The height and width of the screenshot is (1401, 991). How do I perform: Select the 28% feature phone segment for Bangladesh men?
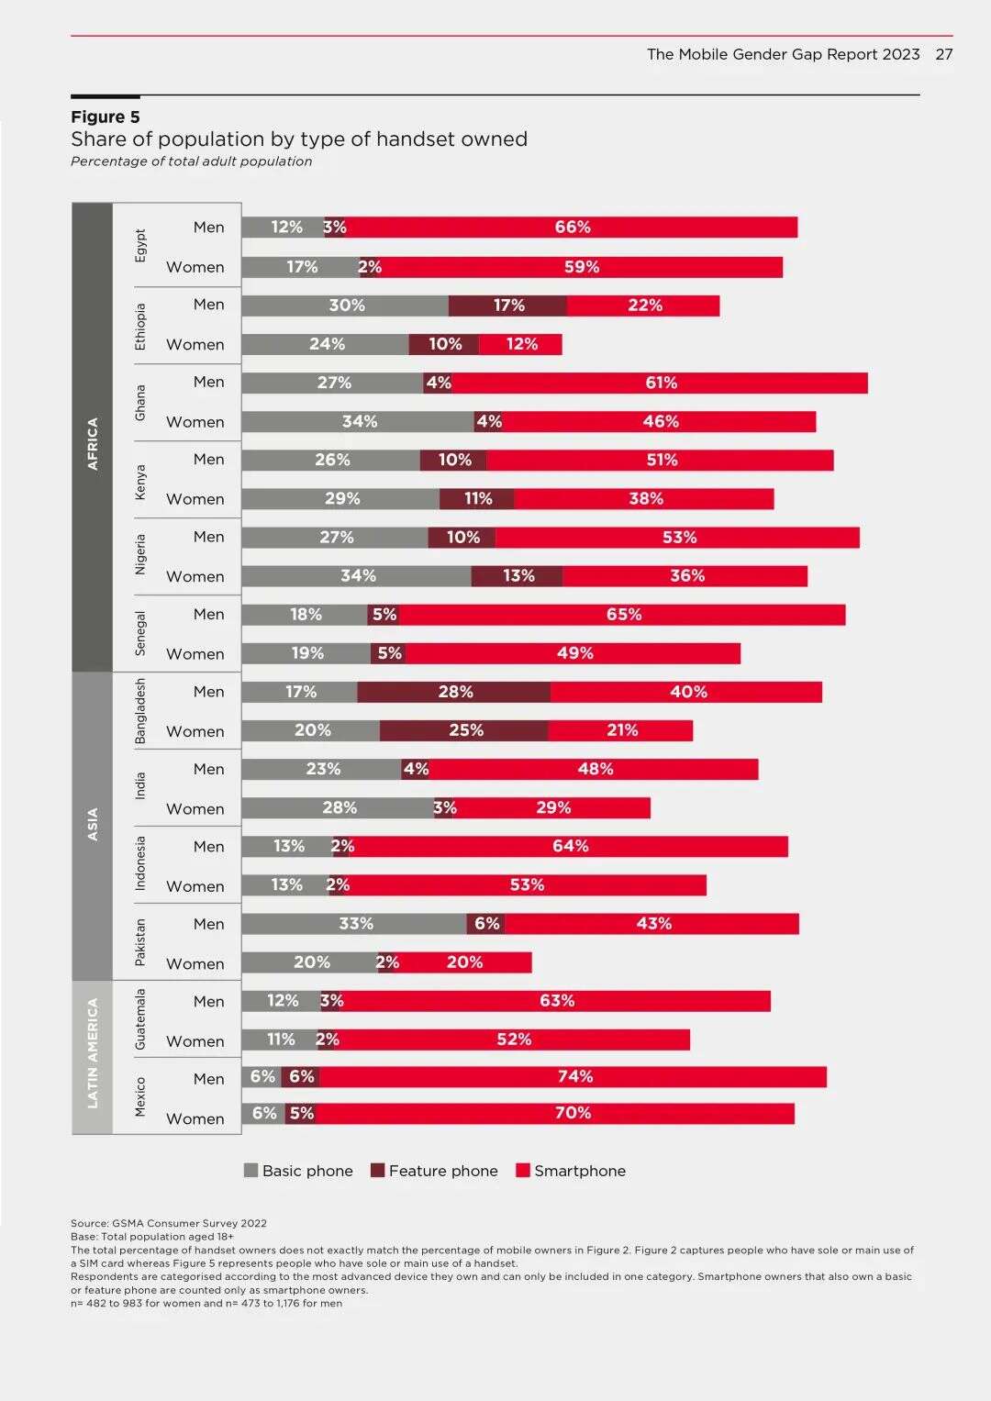click(x=454, y=692)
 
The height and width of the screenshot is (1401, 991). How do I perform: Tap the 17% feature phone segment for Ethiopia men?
click(x=507, y=306)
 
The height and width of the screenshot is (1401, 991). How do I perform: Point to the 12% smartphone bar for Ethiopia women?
click(x=520, y=344)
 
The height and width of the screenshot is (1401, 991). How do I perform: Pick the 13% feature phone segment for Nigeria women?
click(x=518, y=576)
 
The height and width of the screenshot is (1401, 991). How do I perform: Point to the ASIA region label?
click(x=92, y=825)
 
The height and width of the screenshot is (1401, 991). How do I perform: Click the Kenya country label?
click(x=140, y=481)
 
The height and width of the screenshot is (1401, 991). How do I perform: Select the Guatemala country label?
click(x=140, y=1019)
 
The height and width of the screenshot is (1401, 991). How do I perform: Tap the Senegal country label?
click(x=140, y=633)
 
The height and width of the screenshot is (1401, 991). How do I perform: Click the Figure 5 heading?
click(x=106, y=117)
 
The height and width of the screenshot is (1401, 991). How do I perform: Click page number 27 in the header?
click(x=944, y=54)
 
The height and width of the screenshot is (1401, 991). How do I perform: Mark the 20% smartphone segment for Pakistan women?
click(x=464, y=962)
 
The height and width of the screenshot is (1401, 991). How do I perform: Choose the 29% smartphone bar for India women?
click(x=553, y=808)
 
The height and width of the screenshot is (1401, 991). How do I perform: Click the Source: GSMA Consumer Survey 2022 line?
click(x=169, y=1223)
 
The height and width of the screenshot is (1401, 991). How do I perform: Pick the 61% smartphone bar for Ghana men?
click(x=660, y=383)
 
